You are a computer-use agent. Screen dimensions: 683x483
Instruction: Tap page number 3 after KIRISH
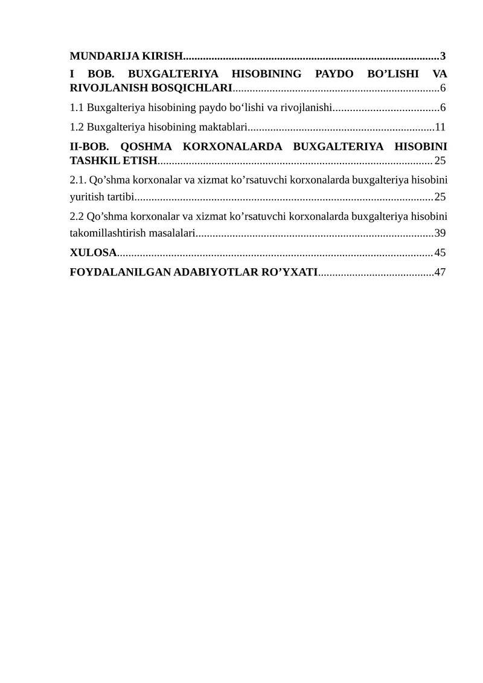(443, 57)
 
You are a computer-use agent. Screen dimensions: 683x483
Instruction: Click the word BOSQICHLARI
(194, 89)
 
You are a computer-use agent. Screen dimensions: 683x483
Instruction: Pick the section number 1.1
(77, 108)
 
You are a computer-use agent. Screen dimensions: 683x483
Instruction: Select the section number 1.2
(77, 127)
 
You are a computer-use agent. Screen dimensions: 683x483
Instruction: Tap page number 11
(440, 127)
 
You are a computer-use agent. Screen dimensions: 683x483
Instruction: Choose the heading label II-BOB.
(89, 146)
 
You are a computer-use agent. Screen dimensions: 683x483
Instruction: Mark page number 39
(440, 233)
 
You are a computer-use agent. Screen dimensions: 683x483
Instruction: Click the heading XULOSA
(93, 252)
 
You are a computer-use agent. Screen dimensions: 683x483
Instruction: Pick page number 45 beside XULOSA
(440, 252)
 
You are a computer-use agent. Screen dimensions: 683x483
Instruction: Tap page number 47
(440, 272)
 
